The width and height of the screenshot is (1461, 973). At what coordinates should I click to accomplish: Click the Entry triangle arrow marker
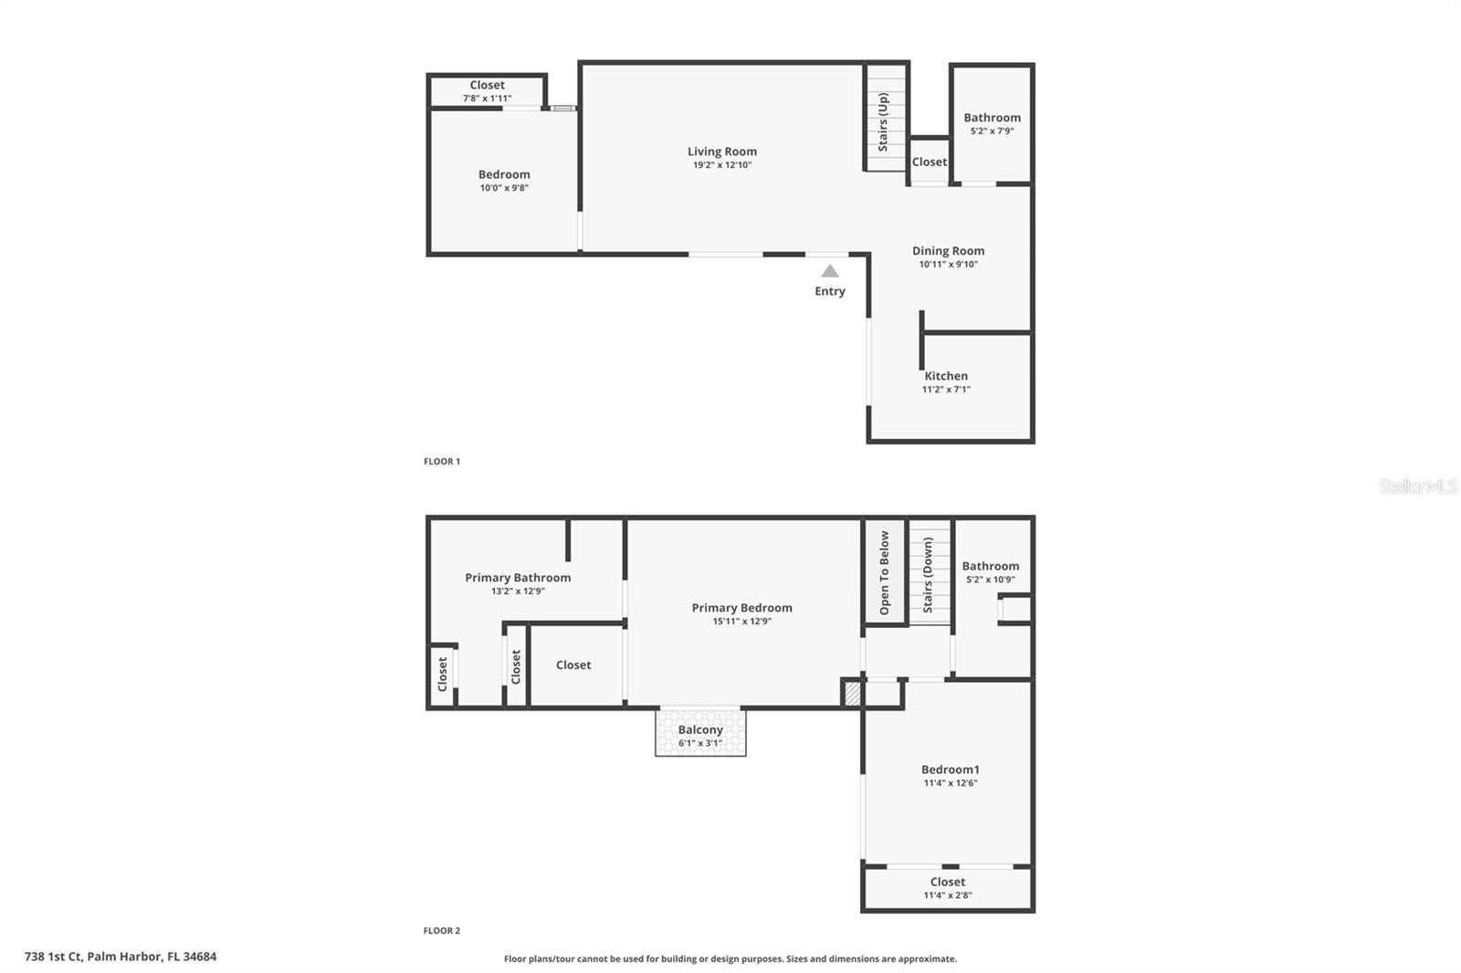829,271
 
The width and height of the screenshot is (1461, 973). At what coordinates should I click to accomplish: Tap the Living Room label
721,152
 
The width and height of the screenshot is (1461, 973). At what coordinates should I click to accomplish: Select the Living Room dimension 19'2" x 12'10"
721,165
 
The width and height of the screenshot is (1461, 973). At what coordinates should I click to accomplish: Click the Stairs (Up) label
883,121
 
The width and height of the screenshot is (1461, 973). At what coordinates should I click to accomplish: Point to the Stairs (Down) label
929,575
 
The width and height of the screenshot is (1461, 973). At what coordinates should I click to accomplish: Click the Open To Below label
884,573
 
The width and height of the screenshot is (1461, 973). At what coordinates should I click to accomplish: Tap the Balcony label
700,730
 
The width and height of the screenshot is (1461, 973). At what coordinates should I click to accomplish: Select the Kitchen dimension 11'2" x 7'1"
946,390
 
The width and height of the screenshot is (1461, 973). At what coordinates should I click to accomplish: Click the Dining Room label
948,251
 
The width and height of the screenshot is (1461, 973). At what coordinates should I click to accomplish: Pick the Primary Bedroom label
741,608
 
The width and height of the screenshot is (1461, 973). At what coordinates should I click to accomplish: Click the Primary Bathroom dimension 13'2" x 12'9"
518,591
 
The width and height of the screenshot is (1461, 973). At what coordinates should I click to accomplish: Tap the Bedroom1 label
950,769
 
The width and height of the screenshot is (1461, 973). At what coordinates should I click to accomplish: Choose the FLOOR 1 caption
442,462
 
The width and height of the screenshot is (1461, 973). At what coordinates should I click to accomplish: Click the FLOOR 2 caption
442,931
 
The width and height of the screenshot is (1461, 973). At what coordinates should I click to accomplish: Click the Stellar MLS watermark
1417,486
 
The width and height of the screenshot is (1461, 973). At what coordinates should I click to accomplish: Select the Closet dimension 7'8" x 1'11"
487,99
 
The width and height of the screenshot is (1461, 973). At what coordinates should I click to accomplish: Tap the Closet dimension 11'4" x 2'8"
947,895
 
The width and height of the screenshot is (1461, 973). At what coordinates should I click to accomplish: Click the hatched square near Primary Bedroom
852,694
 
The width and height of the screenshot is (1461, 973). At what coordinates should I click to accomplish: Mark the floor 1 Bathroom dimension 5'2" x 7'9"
992,131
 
